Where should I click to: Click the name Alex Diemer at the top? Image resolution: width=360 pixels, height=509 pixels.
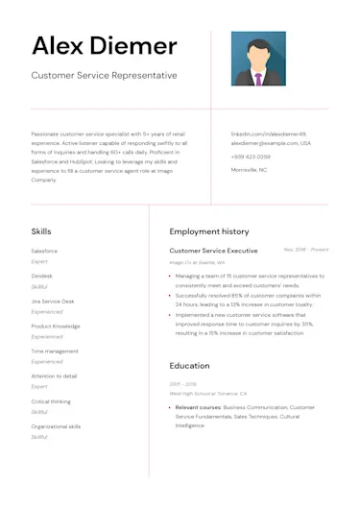tap(104, 46)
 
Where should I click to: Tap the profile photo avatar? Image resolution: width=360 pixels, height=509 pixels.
tap(258, 59)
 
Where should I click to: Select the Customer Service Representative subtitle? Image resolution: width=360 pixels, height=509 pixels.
tap(104, 75)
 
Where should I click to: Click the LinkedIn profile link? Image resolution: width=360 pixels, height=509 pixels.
tap(268, 133)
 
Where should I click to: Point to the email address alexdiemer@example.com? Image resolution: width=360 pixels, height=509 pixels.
tap(271, 143)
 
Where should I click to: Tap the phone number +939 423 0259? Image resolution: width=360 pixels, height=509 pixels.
tap(251, 156)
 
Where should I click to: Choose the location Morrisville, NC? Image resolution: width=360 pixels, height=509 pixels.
tap(249, 169)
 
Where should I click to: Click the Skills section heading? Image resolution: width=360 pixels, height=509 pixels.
tap(41, 231)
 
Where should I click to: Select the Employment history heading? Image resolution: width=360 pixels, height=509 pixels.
tap(208, 231)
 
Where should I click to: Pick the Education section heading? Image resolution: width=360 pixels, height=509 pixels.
tap(189, 366)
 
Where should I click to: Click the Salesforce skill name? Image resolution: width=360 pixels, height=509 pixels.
tap(44, 251)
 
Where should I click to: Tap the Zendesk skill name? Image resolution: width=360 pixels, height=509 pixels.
tap(42, 276)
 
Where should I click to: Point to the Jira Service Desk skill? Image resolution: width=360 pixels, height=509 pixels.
tap(52, 301)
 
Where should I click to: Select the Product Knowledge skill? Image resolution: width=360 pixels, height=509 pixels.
tap(56, 326)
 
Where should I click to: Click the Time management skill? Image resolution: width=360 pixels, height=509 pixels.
tap(55, 351)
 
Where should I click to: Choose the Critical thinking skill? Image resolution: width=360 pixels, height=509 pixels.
tap(51, 401)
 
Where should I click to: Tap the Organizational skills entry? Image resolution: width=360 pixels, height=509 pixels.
tap(56, 426)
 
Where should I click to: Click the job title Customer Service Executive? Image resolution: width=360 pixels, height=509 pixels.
tap(213, 251)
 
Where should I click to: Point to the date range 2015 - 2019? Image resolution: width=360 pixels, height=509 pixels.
tap(181, 384)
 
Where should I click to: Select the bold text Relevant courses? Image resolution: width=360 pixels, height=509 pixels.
tap(198, 407)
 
